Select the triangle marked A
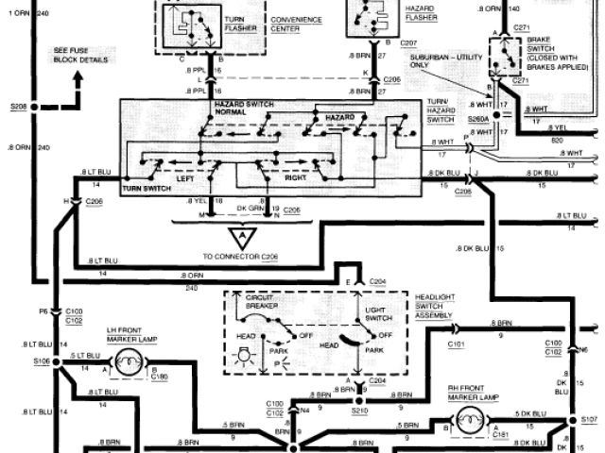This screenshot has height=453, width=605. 244,236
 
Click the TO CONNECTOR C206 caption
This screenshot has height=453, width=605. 244,258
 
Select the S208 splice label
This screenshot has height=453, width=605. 19,108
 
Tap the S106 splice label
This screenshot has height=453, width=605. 41,361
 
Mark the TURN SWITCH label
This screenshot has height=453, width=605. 144,189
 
